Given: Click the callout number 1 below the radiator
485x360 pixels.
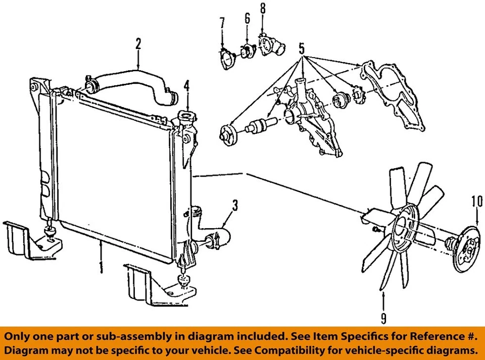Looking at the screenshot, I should coord(101,267).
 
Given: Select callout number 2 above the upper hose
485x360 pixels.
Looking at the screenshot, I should coord(138,44).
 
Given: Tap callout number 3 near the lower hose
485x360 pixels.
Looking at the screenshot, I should coord(235,206).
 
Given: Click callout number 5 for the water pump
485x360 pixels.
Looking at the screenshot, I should coord(302,49).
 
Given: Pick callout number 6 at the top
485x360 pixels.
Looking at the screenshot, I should coord(247,19).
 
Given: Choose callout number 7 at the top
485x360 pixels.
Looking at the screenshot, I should coord(222,23).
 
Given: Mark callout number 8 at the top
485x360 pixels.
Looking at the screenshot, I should coord(262,9).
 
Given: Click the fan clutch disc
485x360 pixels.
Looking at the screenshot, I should coord(467,247).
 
